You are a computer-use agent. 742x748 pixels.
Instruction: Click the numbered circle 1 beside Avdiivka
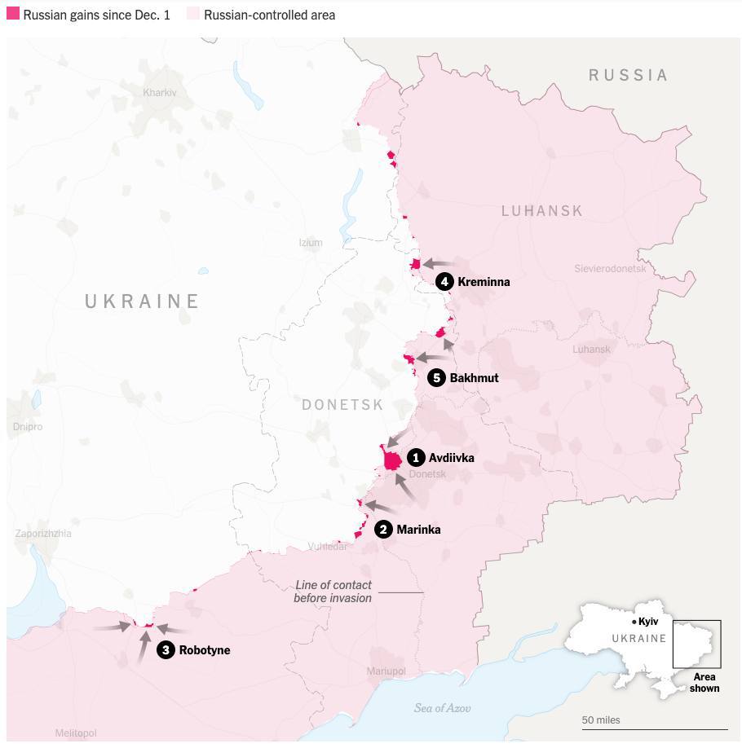416,458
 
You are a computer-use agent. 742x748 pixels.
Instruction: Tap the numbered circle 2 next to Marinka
383,530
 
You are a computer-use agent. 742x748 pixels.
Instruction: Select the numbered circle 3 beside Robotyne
166,650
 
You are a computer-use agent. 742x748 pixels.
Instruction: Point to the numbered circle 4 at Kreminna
444,282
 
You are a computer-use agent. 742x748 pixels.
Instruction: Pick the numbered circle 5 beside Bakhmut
436,378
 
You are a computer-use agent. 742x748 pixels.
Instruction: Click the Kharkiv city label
159,93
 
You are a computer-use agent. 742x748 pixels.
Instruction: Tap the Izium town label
311,243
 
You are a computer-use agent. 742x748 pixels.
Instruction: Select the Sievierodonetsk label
609,269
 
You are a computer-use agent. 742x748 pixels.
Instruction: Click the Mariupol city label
386,671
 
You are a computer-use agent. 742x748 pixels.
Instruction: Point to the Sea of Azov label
442,708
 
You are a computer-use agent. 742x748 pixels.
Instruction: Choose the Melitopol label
76,733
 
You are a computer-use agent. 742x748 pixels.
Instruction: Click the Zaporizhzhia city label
43,534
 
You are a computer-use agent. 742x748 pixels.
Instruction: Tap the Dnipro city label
28,427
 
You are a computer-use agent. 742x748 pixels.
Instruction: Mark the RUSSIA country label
628,75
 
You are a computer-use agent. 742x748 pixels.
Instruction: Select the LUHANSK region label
541,211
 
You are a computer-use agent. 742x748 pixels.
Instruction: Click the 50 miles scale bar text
601,720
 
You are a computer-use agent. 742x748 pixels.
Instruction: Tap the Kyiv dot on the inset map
634,623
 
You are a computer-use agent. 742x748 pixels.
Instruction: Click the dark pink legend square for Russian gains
13,14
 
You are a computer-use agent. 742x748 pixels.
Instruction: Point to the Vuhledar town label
327,547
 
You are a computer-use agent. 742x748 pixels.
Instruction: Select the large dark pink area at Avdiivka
392,461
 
